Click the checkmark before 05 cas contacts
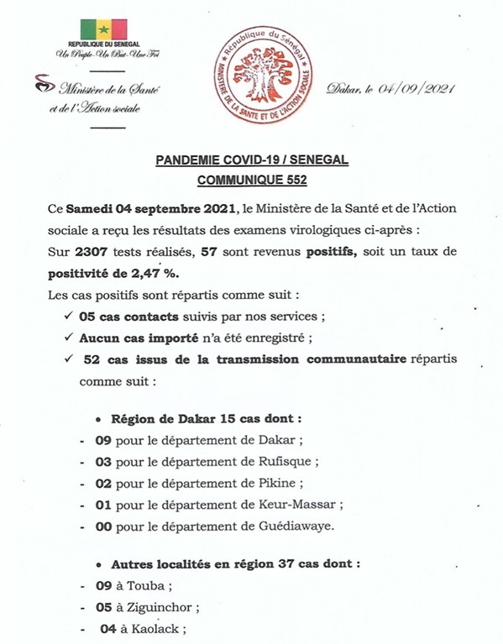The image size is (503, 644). coord(68,317)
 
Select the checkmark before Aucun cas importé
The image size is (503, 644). coord(68,338)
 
